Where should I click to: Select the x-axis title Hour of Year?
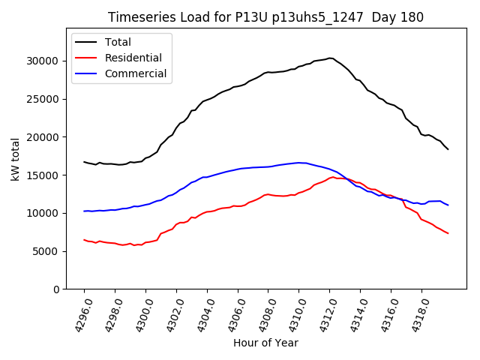pos(265,343)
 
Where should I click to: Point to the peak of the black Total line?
pos(330,58)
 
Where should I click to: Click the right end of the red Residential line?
pos(448,233)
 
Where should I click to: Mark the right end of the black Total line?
pos(448,149)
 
